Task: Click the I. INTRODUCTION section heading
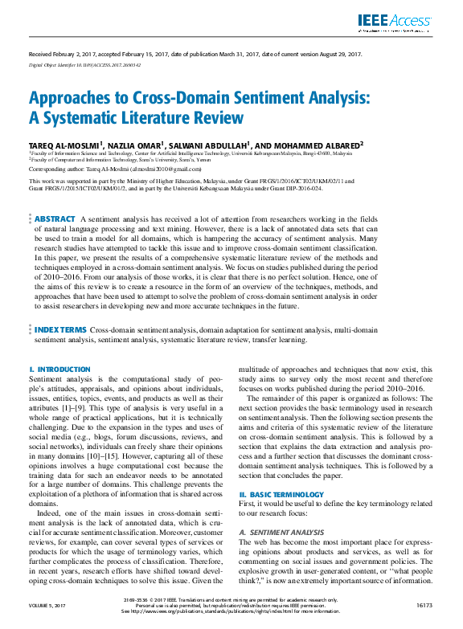pos(59,370)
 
